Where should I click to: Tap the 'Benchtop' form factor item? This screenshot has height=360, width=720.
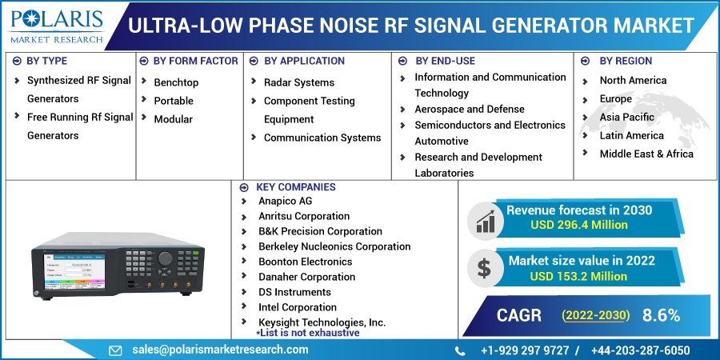tap(176, 82)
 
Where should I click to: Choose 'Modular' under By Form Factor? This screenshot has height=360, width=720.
tap(173, 119)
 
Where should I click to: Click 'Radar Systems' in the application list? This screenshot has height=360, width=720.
tap(300, 82)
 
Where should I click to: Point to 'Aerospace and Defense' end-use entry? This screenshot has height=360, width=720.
tap(469, 109)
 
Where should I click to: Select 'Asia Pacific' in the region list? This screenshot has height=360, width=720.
tap(626, 117)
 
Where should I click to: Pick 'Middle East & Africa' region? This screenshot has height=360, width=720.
tap(646, 154)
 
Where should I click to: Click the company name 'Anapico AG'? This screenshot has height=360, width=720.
tap(285, 201)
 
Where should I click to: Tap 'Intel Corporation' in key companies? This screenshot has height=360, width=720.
tap(297, 307)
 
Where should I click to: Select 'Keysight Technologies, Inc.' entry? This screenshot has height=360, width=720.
tap(322, 322)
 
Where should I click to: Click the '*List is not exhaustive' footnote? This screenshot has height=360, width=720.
tap(307, 333)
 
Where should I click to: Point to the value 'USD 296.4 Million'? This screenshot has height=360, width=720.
tap(578, 226)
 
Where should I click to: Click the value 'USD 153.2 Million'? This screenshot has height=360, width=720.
tap(578, 276)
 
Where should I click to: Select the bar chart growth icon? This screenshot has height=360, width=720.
tap(485, 218)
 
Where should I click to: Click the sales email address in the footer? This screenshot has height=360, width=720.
tap(220, 350)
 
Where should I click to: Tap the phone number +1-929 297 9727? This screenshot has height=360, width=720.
tap(524, 350)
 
